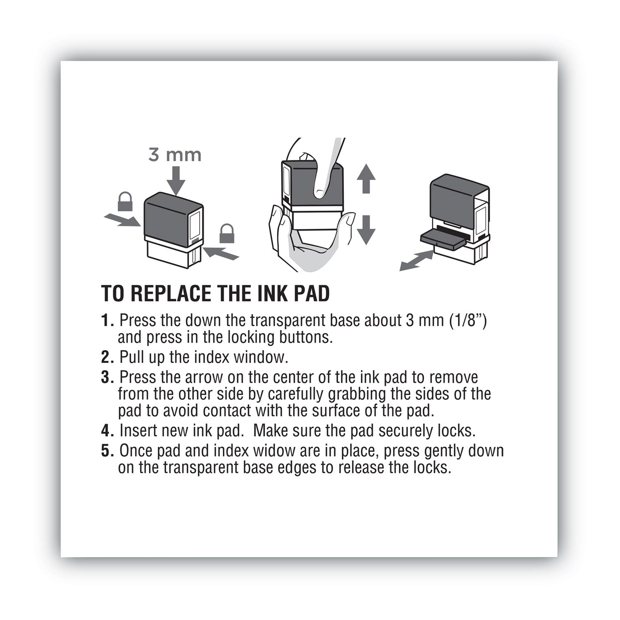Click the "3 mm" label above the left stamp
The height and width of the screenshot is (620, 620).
[175, 155]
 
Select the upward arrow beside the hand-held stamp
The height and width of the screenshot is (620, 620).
[366, 179]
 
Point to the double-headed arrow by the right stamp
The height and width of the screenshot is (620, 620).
[417, 261]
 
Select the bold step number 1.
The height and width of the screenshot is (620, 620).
[107, 321]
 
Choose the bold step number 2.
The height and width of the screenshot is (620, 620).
[107, 358]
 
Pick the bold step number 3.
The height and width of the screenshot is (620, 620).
[107, 378]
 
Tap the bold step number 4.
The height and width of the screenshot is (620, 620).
[107, 431]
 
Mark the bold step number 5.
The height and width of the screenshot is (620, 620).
[107, 451]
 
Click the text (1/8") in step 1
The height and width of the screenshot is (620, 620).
[467, 321]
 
